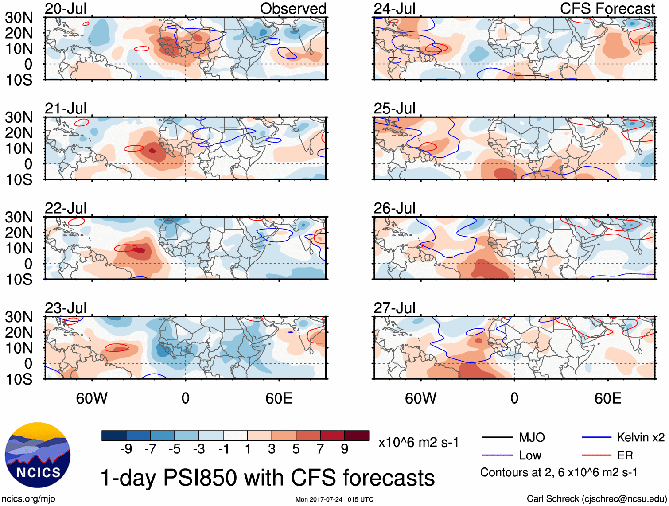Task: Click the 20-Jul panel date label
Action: tap(66, 9)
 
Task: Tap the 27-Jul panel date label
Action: tap(394, 308)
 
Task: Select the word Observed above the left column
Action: tap(293, 9)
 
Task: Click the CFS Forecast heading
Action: tap(607, 9)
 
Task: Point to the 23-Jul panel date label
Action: tap(66, 308)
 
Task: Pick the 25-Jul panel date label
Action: tap(394, 109)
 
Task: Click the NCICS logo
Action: tap(38, 455)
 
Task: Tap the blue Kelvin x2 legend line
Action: tap(596, 438)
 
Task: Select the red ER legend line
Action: tap(596, 455)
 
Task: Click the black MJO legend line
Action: tap(498, 438)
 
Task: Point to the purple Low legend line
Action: tap(498, 455)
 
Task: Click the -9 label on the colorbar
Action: tap(126, 449)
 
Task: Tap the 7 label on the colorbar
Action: tap(320, 449)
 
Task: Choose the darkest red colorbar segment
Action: tap(357, 436)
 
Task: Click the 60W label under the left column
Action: tap(92, 398)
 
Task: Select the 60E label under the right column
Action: tap(607, 398)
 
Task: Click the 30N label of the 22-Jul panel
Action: tap(19, 217)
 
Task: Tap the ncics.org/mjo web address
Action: tap(28, 499)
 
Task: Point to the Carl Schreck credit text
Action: tap(596, 499)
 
